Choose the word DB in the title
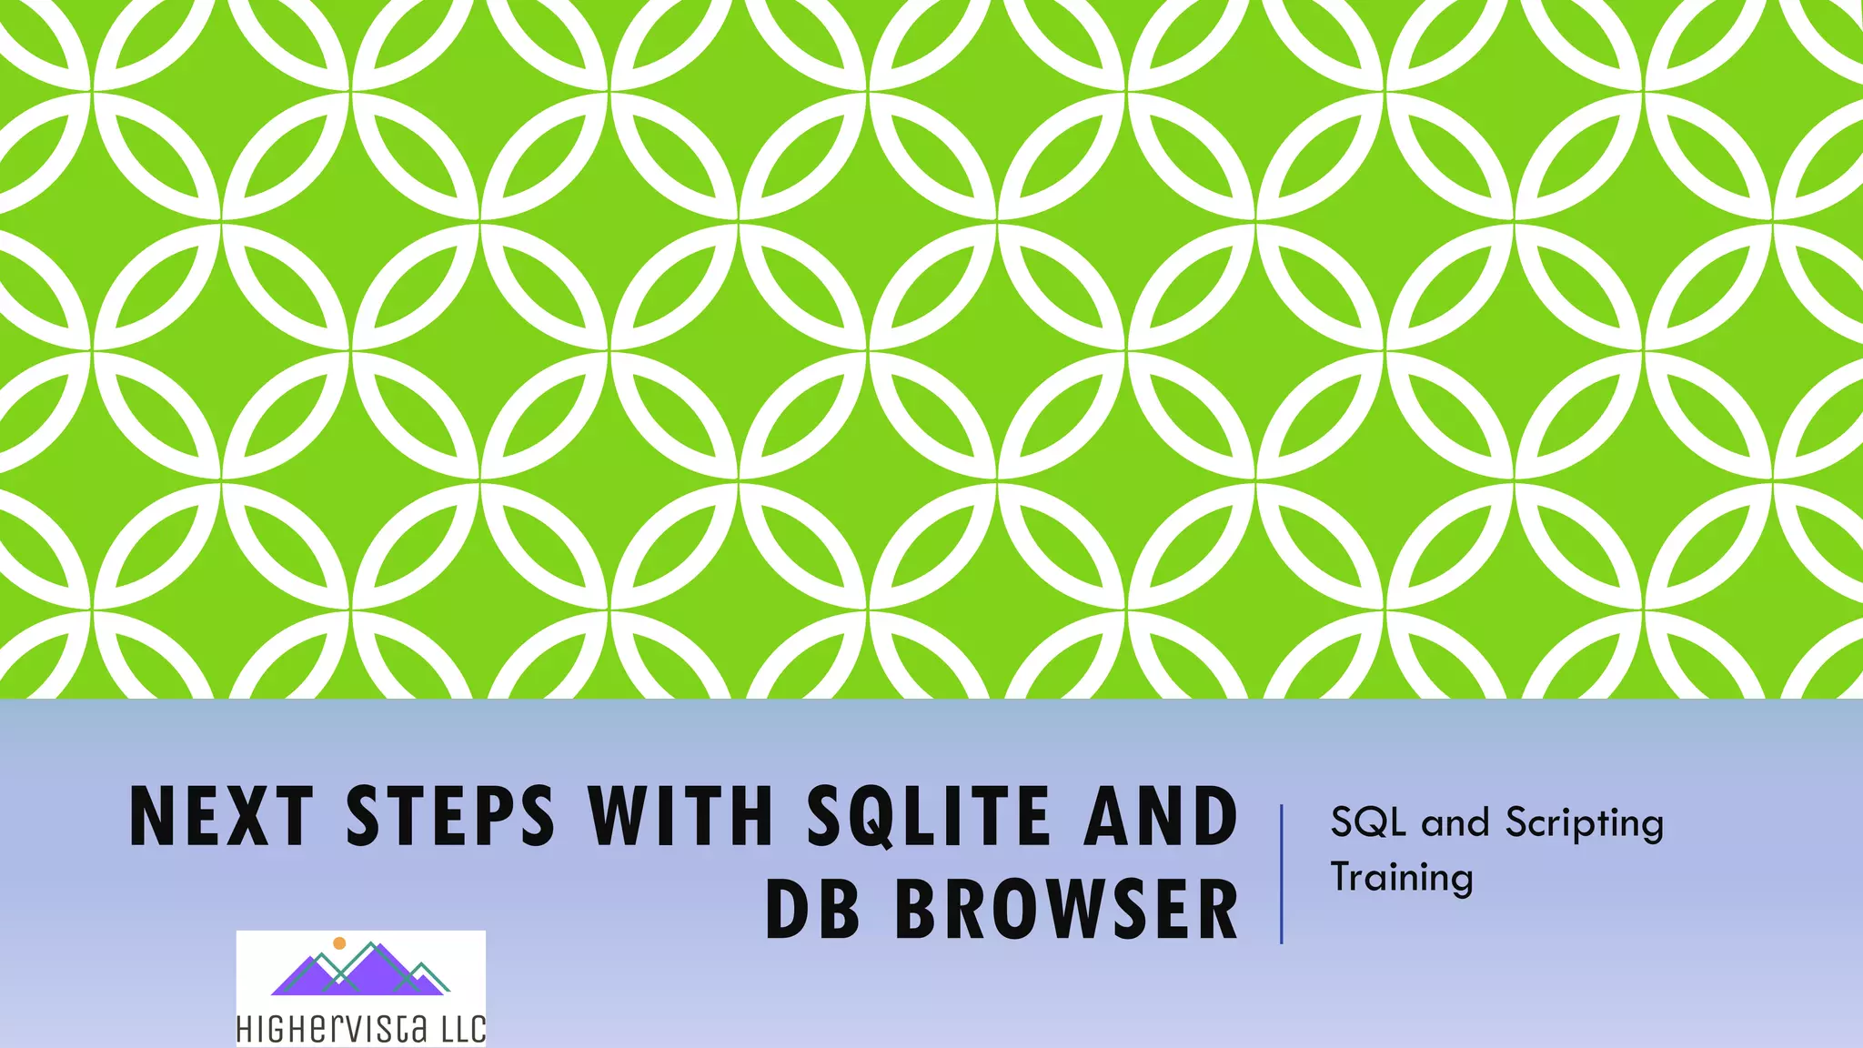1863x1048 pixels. (812, 909)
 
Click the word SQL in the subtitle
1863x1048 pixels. (1368, 822)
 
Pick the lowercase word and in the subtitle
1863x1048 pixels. (1455, 822)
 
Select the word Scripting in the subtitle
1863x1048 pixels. (1584, 824)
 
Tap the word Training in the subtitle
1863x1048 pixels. (1402, 878)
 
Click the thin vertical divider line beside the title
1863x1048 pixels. (1282, 873)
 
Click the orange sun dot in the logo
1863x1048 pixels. (339, 943)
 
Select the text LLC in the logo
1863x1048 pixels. (464, 1030)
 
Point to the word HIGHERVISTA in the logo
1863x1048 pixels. (331, 1030)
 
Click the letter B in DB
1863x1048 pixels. (838, 909)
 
